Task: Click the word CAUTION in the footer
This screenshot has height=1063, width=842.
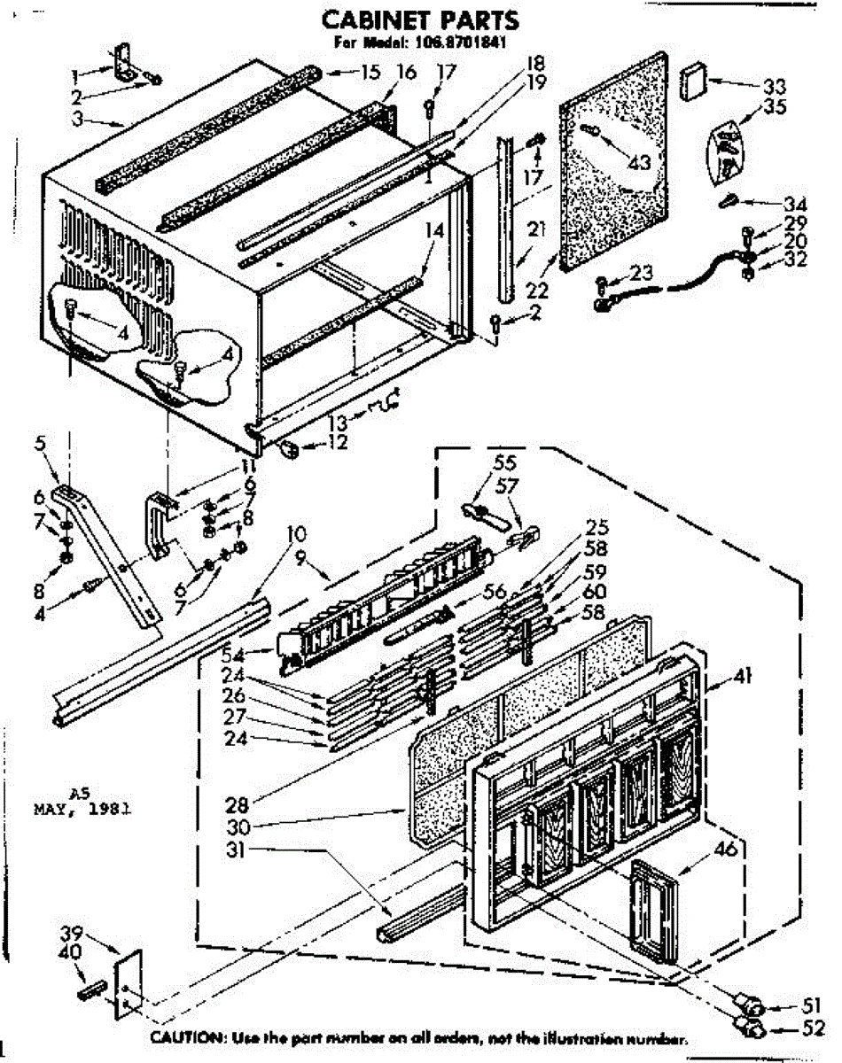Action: (183, 1037)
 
